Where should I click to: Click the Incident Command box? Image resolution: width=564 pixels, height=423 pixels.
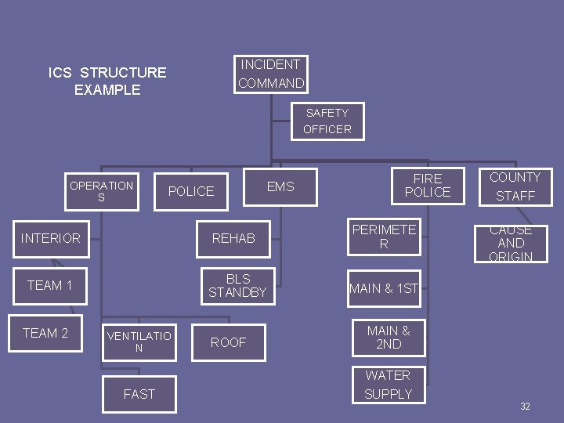point(271,74)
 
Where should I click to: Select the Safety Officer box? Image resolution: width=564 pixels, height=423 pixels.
point(327,121)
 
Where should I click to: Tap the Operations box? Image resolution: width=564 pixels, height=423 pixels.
point(102,192)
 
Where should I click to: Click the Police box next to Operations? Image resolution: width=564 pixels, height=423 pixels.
point(191,191)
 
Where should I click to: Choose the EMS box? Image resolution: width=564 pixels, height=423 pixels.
point(280,186)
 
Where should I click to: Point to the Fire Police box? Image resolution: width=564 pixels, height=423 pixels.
point(428,186)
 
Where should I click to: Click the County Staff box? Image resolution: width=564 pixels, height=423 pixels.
point(515,186)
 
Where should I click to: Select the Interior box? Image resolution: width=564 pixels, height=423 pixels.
point(51,238)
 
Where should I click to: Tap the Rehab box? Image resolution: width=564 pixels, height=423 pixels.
point(233,238)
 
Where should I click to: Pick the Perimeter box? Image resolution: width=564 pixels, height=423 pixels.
point(384,237)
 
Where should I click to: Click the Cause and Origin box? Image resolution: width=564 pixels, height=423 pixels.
point(511,244)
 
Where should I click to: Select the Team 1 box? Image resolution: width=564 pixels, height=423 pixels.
point(50,285)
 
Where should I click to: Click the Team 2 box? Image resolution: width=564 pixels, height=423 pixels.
point(45,333)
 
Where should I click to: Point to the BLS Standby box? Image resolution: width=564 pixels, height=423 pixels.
point(237,286)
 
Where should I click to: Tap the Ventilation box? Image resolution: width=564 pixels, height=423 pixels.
point(139,342)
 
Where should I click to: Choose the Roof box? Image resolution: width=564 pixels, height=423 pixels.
point(228,342)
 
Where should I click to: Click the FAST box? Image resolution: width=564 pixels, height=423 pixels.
point(139,394)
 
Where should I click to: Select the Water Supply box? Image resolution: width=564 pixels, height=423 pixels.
point(388,385)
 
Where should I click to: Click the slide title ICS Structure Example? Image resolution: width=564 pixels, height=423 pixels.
point(107,81)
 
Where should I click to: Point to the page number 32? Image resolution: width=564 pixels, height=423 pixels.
point(525,407)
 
